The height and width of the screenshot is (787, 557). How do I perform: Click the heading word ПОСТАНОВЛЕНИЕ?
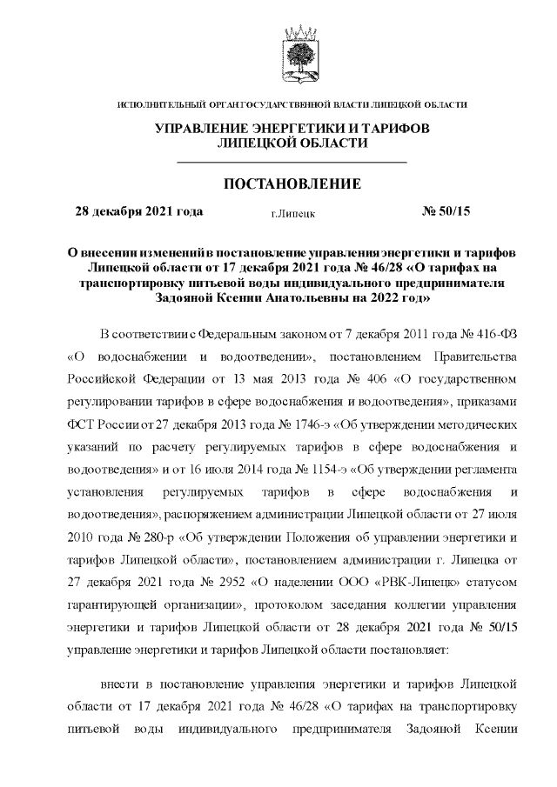coord(292,184)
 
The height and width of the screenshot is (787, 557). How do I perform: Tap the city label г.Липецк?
coord(292,211)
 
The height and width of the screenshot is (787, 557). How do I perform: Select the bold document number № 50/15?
coord(446,210)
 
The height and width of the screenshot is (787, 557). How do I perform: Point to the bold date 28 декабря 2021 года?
coord(139,210)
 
